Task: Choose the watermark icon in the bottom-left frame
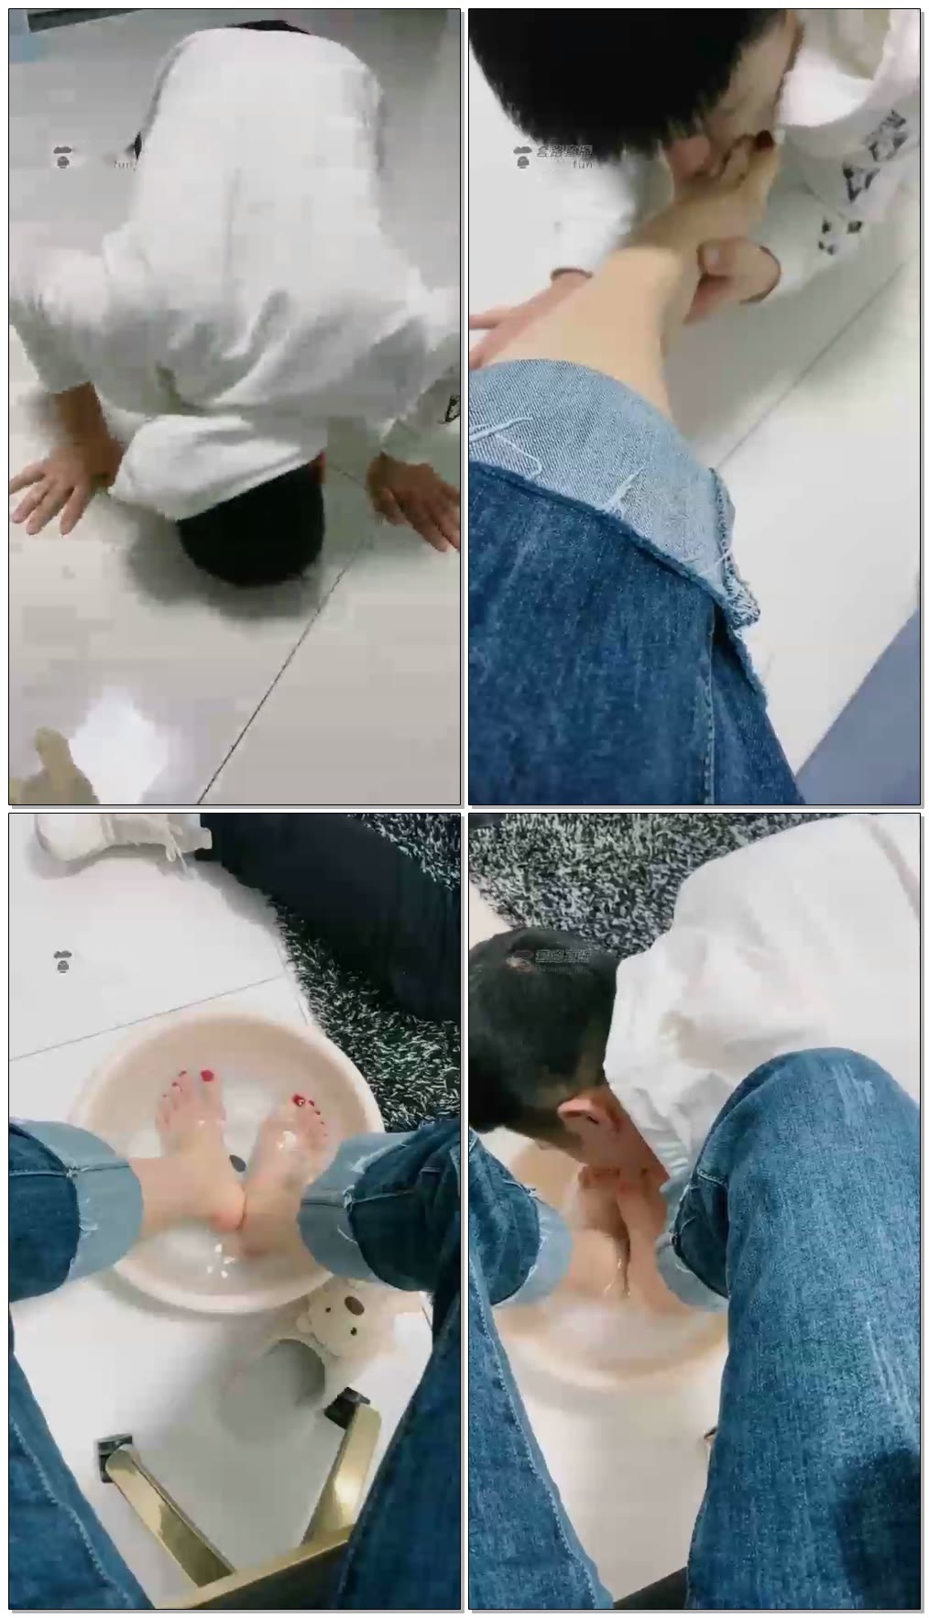(x=62, y=962)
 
